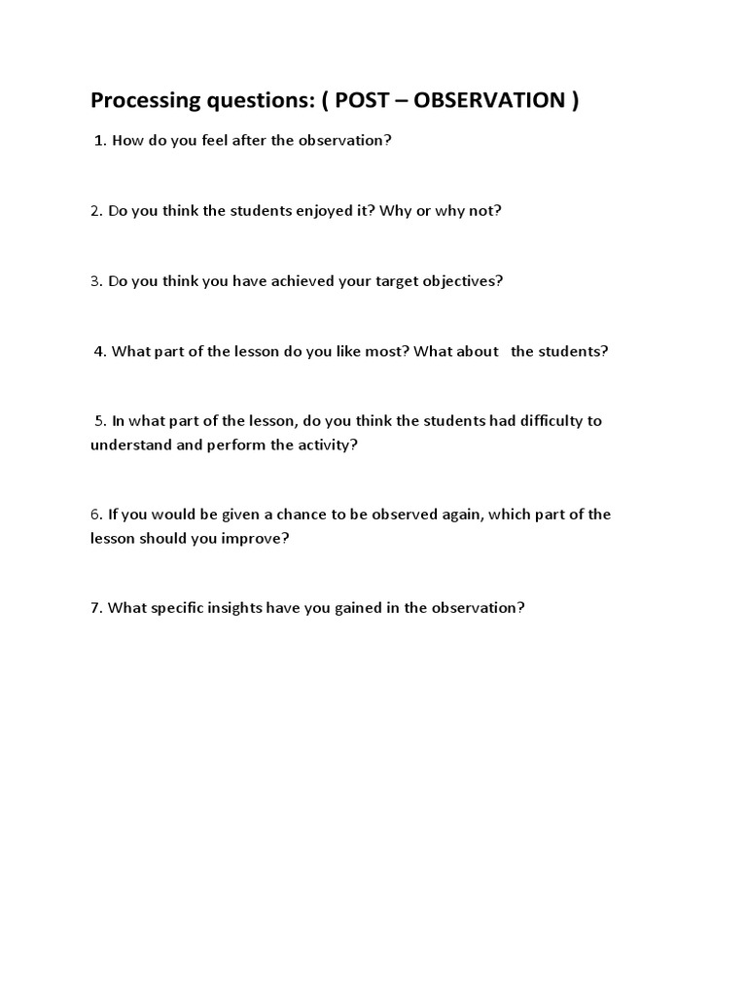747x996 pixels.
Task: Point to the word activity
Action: [330, 445]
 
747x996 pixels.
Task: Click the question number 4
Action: [99, 351]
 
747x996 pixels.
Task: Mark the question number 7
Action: [95, 608]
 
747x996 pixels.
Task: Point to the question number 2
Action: [95, 210]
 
